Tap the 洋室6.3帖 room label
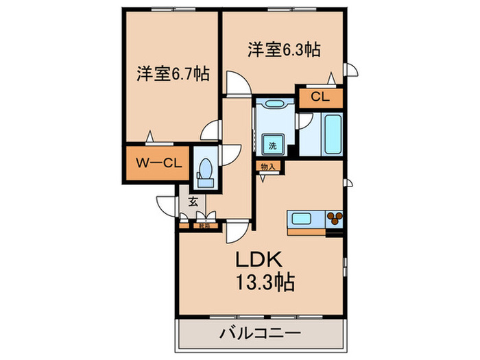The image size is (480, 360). point(284,50)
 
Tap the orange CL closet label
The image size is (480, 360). point(320,97)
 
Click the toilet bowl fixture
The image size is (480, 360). point(204,170)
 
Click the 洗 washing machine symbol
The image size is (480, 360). point(272,145)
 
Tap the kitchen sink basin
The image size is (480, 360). point(302,219)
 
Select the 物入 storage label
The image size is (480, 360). point(267,165)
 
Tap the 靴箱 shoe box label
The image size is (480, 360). point(204,224)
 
